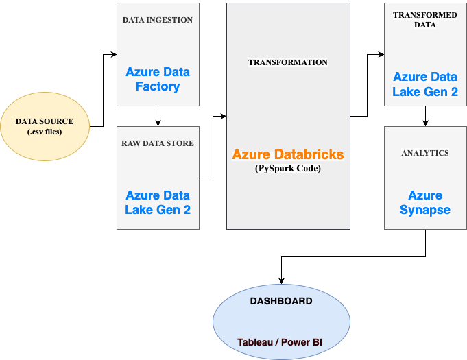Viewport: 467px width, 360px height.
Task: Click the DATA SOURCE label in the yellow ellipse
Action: [x=44, y=121]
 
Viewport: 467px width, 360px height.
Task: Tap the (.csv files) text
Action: [x=44, y=132]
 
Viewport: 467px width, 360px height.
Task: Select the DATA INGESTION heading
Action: [x=158, y=20]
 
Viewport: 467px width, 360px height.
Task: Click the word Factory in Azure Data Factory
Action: [x=158, y=87]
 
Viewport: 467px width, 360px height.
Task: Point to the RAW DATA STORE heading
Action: [x=158, y=143]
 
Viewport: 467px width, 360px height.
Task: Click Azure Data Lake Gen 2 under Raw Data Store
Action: [x=158, y=202]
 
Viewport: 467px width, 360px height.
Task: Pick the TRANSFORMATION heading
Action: [x=288, y=62]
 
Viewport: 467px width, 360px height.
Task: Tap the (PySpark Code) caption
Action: [x=288, y=168]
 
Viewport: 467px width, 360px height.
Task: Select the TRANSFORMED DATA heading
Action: [x=425, y=20]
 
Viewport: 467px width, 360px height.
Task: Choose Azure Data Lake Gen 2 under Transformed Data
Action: [x=425, y=84]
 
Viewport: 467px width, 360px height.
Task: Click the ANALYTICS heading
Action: [x=425, y=153]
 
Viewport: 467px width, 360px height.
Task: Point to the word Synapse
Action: [x=425, y=210]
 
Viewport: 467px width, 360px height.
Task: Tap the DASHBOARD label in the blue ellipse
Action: [x=281, y=301]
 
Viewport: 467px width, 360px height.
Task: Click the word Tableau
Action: [x=255, y=341]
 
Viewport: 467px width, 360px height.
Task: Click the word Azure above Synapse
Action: [x=425, y=195]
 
